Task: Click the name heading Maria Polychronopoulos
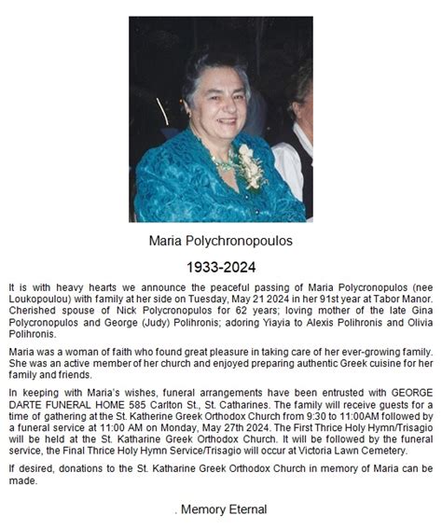221,241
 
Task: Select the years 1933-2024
221,268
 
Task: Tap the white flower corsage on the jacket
249,165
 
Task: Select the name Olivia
414,329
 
